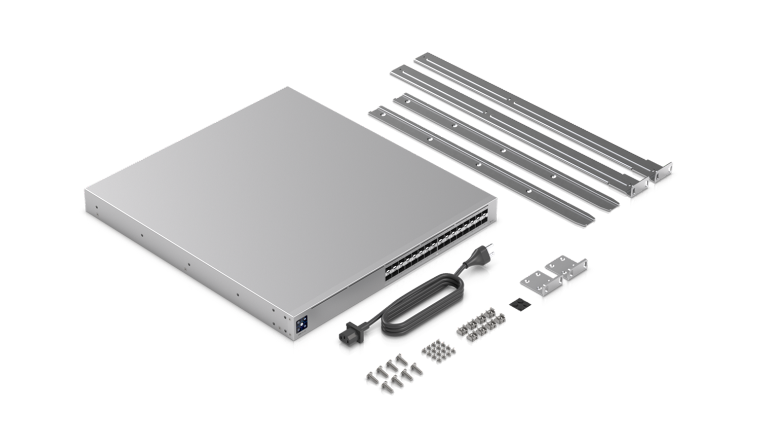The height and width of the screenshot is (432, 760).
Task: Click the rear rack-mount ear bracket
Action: click(567, 271)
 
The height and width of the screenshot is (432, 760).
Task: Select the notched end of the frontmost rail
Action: click(590, 219)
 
